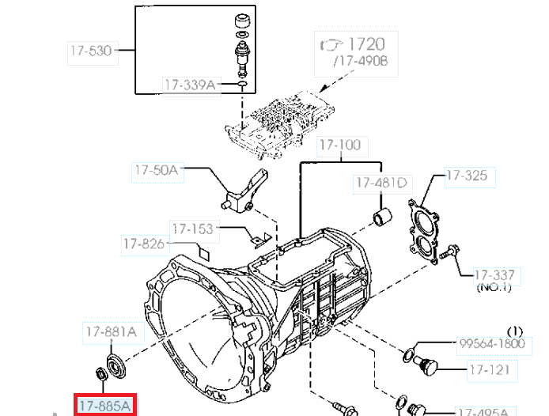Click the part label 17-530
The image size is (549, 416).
91,51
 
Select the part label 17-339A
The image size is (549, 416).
190,85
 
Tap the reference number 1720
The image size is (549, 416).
366,44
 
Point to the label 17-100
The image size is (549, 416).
340,145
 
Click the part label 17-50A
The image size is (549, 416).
157,170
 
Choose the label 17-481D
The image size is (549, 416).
381,183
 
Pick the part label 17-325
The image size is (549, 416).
467,175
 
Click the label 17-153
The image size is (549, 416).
193,229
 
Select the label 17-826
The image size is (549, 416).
144,244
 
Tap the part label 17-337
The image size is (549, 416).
494,275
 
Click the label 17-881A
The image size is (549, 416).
111,331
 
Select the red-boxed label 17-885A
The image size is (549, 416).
105,407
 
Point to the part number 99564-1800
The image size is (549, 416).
492,343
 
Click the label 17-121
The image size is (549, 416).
489,370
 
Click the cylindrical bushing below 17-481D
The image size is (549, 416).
382,217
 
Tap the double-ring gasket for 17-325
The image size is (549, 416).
424,232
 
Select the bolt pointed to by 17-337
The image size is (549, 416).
449,251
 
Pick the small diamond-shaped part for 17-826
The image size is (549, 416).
204,253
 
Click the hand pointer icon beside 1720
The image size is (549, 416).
331,46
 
